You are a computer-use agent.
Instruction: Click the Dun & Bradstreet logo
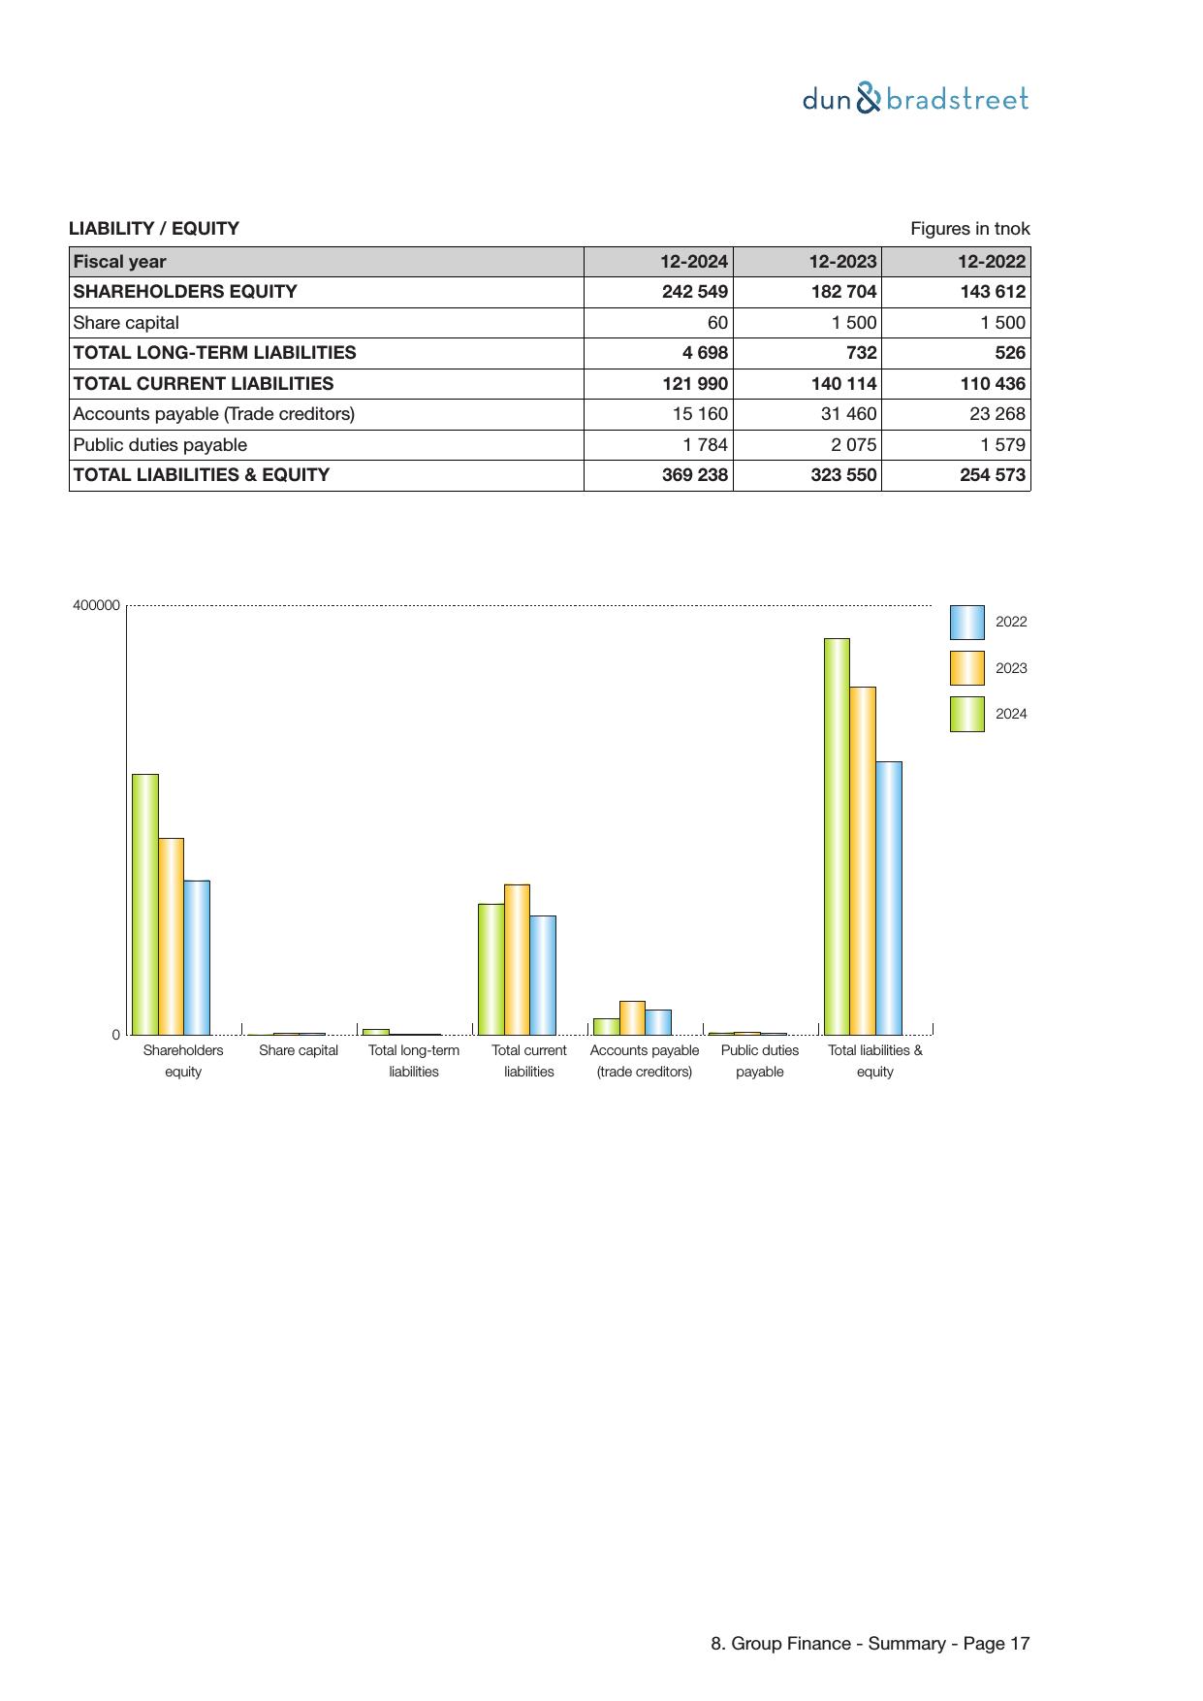coord(915,99)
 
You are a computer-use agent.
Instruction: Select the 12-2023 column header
coord(842,262)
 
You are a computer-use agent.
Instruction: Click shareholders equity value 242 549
coord(694,292)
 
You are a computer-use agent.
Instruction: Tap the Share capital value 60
coord(716,323)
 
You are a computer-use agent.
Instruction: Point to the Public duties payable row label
coord(160,445)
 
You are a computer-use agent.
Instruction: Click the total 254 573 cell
coord(992,475)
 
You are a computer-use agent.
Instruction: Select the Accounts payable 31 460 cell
coord(848,414)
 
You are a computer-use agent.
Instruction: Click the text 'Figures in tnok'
coord(969,229)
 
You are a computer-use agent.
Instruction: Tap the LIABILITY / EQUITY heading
coord(153,229)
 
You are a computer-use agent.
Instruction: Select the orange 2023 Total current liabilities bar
coord(517,959)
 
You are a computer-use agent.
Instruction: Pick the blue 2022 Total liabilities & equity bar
coord(889,898)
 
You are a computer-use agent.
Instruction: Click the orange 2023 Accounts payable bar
coord(632,1017)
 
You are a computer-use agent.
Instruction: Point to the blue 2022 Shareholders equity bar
coord(197,957)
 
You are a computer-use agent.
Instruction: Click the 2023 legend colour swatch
coord(966,668)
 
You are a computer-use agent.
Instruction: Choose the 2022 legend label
coord(1011,622)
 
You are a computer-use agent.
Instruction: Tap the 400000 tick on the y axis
coord(96,605)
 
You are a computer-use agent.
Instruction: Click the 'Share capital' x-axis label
coord(299,1050)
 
